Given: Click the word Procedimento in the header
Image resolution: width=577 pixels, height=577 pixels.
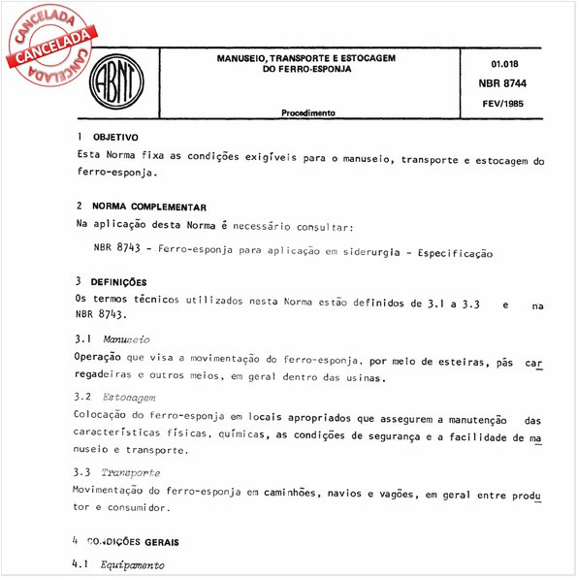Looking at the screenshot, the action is [308, 112].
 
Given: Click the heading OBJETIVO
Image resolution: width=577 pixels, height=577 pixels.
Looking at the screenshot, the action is [115, 138].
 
